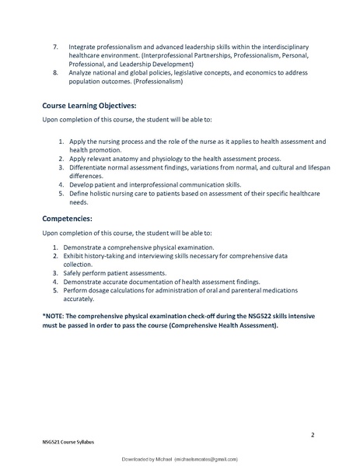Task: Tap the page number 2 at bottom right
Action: [x=312, y=434]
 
